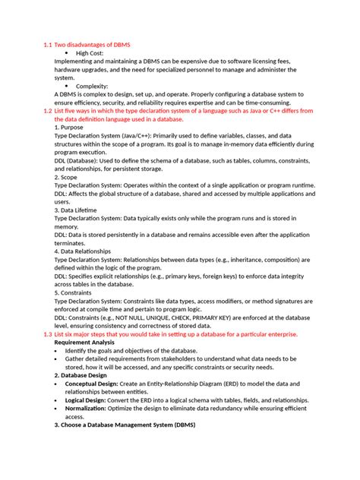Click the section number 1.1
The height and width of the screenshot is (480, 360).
click(47, 46)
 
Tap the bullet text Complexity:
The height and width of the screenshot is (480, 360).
click(93, 87)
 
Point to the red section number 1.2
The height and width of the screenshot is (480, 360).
click(47, 111)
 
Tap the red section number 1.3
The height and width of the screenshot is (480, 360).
click(47, 333)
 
